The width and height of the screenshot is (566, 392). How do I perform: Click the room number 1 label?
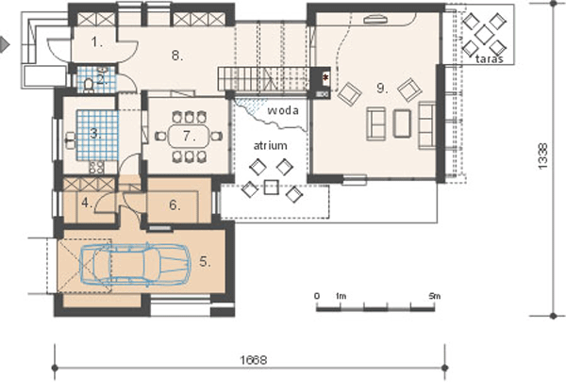coord(96,42)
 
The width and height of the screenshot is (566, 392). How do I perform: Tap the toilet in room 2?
coord(89,85)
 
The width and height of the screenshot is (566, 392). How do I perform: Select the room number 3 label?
coord(95,134)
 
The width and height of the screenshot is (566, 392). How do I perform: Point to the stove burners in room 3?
coord(97,167)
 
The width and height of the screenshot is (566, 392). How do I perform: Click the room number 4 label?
coord(87,203)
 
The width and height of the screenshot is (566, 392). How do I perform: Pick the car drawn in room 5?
coord(135,265)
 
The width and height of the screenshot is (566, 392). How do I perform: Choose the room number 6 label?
coord(175,204)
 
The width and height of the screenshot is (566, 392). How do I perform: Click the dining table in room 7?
coord(189,136)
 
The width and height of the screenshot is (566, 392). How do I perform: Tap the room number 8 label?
coord(177,56)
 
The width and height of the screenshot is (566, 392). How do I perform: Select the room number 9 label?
coord(382,88)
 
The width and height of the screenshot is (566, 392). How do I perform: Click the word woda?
coord(283,110)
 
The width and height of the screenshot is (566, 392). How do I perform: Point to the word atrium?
coord(271,145)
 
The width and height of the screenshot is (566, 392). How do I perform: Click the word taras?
coord(490,58)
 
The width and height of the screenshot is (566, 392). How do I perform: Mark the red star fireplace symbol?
coord(326,77)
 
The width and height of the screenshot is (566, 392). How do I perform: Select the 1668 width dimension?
coord(254,360)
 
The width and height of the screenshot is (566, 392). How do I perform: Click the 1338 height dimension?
coord(542,155)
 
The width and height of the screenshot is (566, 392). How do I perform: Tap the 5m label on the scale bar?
coord(435,296)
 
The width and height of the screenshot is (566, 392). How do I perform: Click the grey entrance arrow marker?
coord(5,44)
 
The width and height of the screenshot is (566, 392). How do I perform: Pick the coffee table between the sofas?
coord(402,123)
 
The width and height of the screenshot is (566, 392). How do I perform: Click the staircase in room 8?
coord(263,78)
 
